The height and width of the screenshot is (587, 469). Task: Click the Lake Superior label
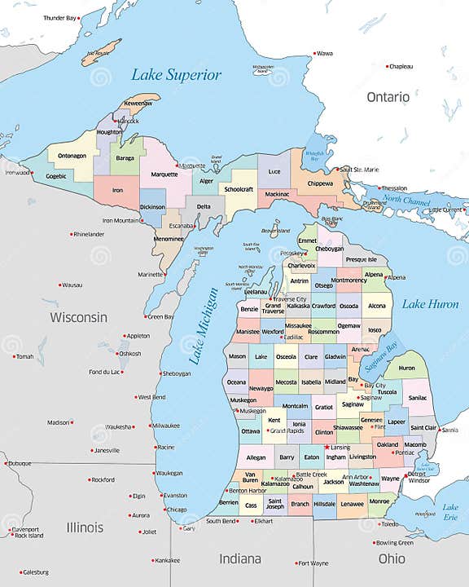(x=176, y=75)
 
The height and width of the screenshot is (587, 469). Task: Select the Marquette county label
(x=164, y=174)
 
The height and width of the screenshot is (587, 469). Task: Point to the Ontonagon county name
(x=72, y=157)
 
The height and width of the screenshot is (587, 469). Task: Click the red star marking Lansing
(x=327, y=447)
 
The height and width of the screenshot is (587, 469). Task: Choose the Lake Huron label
(x=429, y=304)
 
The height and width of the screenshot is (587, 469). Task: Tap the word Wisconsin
(x=78, y=316)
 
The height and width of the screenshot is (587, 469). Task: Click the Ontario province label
(x=388, y=97)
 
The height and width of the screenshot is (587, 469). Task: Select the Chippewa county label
(x=320, y=183)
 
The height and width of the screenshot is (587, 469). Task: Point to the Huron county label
(x=406, y=368)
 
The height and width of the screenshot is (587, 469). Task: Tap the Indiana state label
(x=240, y=558)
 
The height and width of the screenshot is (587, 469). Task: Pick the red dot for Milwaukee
(x=150, y=426)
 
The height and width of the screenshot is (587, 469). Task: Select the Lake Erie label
(x=450, y=512)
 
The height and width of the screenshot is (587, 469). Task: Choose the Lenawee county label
(x=353, y=505)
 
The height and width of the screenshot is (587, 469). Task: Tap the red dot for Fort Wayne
(x=296, y=563)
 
